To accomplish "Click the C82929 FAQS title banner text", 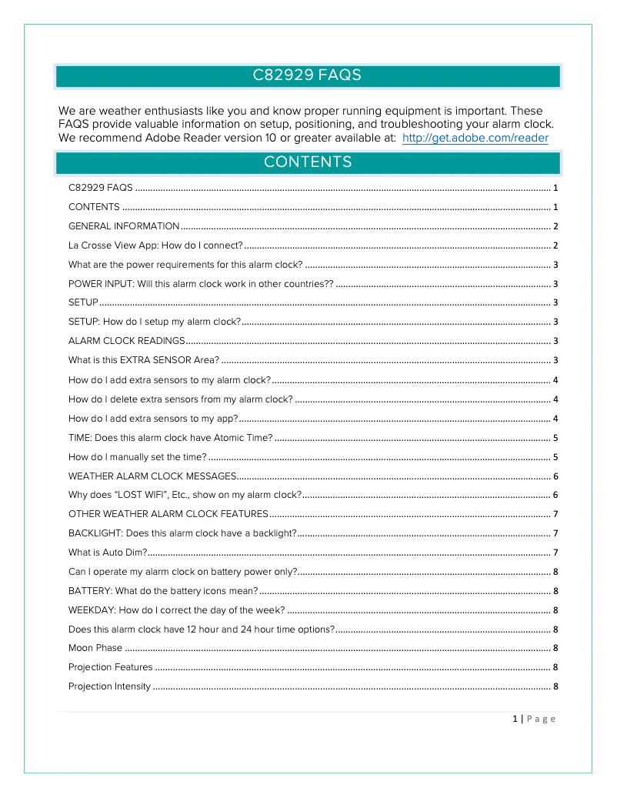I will point(307,75).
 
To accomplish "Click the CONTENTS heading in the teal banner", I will point(307,162).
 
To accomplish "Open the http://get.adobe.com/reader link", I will point(475,139).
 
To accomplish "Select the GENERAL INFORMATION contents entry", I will point(124,226).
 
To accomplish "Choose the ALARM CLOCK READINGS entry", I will point(127,341).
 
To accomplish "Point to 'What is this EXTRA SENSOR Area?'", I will point(144,360).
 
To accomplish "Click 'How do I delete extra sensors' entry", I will point(181,399).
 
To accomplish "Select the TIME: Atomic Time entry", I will point(171,437).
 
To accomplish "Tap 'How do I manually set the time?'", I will point(138,456).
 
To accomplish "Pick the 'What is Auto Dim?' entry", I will point(108,553).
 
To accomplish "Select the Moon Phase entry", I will point(95,648).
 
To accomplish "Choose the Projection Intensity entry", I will point(109,686).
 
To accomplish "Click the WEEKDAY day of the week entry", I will point(177,610).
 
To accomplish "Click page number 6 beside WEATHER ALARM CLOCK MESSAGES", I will point(555,476).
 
